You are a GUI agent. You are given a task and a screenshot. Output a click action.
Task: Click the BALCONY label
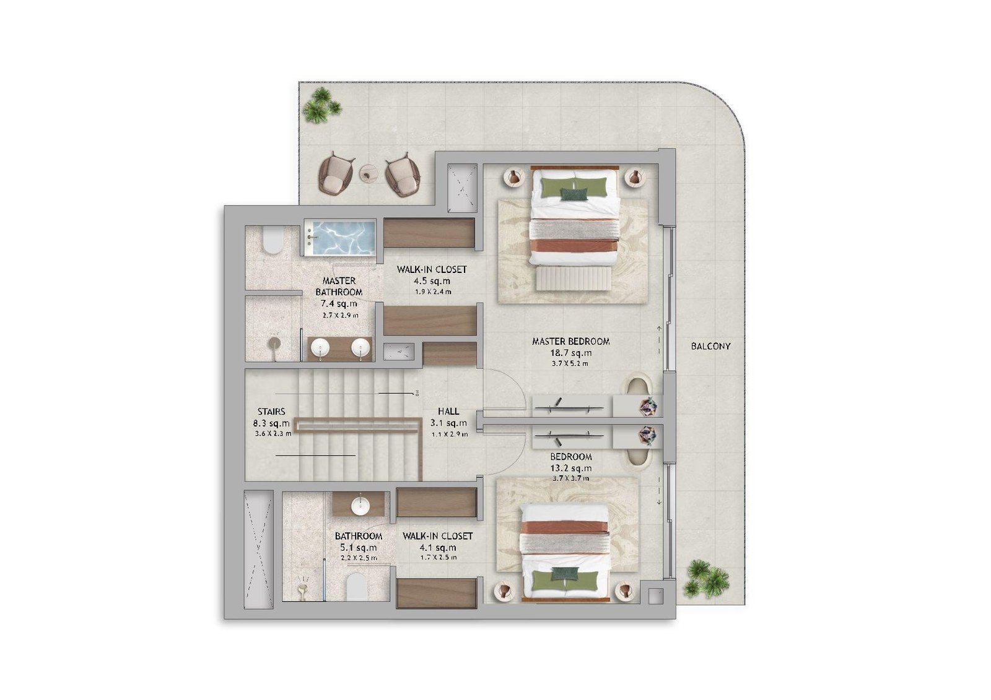point(710,347)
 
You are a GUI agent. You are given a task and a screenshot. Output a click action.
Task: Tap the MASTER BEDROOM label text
point(570,342)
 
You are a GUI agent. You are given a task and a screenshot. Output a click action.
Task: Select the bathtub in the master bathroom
point(339,238)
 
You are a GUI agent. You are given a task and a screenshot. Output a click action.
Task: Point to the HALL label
point(448,412)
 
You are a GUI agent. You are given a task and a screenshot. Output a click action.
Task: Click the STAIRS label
point(271,412)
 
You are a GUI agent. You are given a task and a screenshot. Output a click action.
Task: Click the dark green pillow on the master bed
point(574,194)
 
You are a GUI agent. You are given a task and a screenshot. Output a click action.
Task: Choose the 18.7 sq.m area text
point(570,353)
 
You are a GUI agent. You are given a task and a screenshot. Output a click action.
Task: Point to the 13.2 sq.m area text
point(570,469)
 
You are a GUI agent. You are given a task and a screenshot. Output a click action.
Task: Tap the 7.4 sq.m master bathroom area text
point(339,304)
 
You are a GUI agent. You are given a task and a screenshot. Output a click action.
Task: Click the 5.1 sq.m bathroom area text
point(359,548)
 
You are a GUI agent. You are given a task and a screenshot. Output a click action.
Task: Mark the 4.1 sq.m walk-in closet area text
point(438,548)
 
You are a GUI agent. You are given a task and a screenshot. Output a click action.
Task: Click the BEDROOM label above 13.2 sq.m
point(570,457)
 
